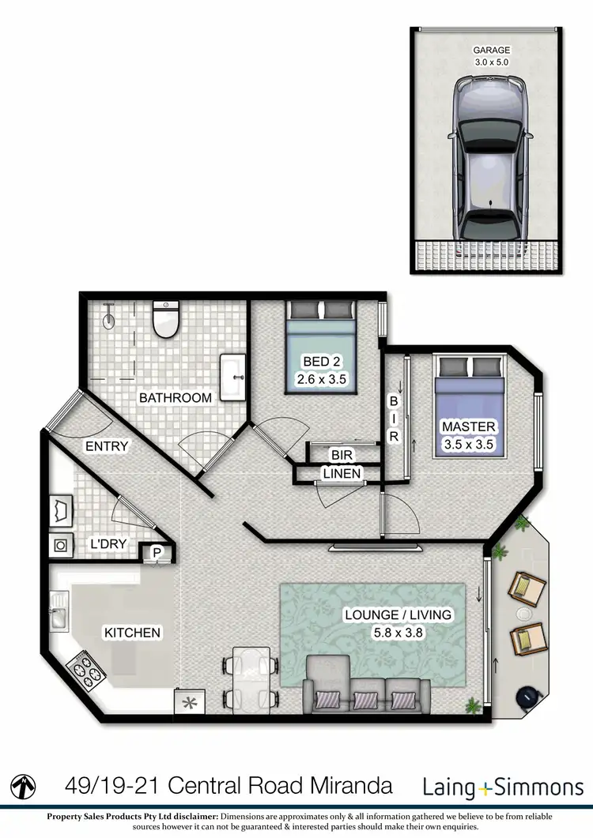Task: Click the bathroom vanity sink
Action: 232,374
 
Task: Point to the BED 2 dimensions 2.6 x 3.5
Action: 321,379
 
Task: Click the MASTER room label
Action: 469,427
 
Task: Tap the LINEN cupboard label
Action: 342,474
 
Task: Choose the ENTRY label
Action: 106,446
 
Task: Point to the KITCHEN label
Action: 133,633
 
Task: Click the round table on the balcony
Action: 524,612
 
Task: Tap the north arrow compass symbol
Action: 27,786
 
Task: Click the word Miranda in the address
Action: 349,786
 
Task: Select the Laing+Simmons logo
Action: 502,787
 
